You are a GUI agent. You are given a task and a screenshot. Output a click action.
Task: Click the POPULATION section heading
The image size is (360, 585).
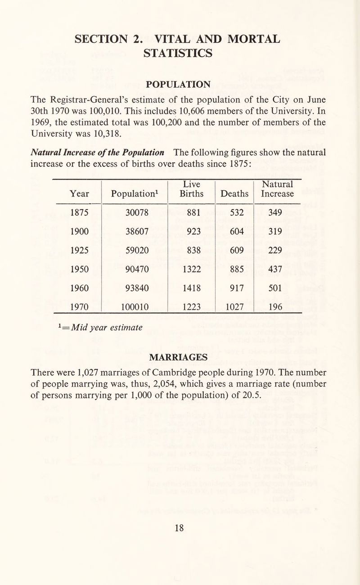tap(180, 85)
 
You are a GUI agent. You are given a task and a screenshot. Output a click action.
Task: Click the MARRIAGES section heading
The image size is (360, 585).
tap(180, 357)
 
